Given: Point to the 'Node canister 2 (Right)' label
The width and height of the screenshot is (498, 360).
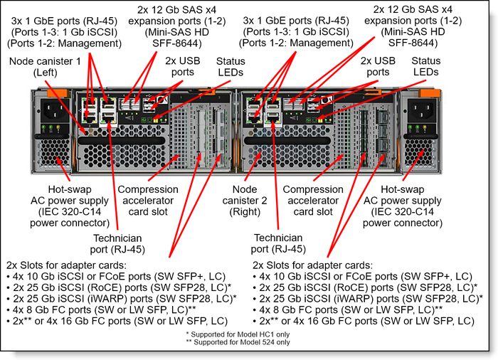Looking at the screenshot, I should pos(253,201).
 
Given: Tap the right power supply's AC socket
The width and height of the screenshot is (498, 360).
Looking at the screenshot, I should pos(421,110).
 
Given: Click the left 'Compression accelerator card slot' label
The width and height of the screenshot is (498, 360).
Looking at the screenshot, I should pos(148,201).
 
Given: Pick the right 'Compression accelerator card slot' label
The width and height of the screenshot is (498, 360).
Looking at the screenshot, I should pos(313,201).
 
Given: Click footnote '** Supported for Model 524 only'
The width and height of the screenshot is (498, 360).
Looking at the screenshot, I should pos(244,343).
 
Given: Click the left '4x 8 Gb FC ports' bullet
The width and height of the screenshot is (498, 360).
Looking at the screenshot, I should pos(101,310).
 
